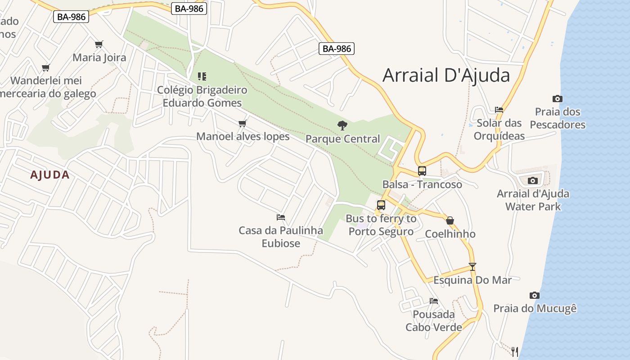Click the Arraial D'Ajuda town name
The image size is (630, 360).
pyautogui.click(x=446, y=75)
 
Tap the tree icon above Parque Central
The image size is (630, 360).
pyautogui.click(x=342, y=125)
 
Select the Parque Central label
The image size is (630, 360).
pyautogui.click(x=342, y=139)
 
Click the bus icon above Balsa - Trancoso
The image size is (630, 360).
pyautogui.click(x=422, y=171)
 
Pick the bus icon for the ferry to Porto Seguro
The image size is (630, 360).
pyautogui.click(x=381, y=205)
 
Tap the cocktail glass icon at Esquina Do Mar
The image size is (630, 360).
pyautogui.click(x=472, y=266)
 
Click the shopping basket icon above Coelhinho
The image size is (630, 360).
pyautogui.click(x=450, y=220)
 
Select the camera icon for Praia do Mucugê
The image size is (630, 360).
pyautogui.click(x=534, y=295)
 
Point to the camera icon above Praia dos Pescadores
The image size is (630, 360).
pyautogui.click(x=557, y=99)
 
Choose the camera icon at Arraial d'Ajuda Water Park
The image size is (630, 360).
pyautogui.click(x=533, y=180)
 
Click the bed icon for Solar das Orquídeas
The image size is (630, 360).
pyautogui.click(x=499, y=109)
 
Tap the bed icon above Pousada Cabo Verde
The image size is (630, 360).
pyautogui.click(x=433, y=301)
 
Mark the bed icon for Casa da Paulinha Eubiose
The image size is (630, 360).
pyautogui.click(x=281, y=217)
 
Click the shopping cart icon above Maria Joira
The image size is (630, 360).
pyautogui.click(x=99, y=44)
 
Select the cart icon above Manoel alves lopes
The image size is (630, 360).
pyautogui.click(x=243, y=123)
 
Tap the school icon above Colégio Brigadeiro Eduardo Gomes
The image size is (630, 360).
pyautogui.click(x=202, y=76)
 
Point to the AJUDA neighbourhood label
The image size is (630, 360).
pyautogui.click(x=50, y=175)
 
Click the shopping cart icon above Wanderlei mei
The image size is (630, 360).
pyautogui.click(x=45, y=67)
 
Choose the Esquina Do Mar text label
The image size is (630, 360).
pyautogui.click(x=472, y=280)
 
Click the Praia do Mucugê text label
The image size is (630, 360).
pyautogui.click(x=535, y=309)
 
